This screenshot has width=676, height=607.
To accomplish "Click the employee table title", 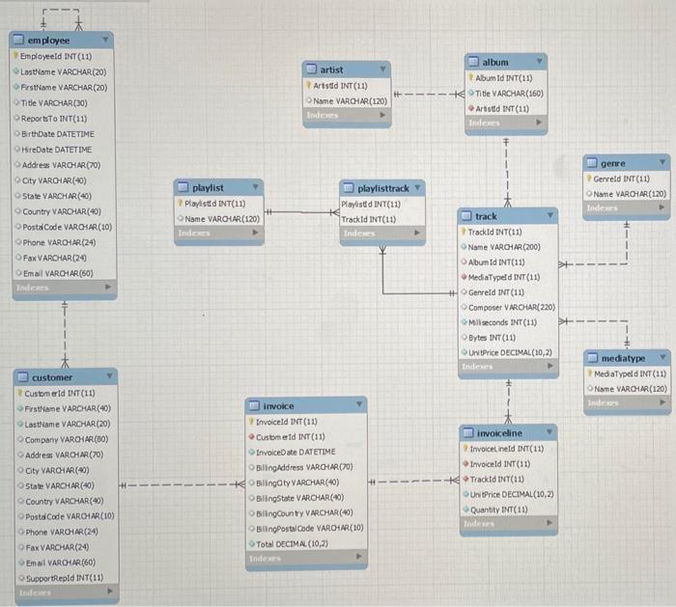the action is (48, 41).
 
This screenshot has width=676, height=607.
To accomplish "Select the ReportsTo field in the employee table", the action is (54, 119).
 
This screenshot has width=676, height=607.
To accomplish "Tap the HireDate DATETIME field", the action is (57, 150).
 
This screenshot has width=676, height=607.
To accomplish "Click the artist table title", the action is (331, 69).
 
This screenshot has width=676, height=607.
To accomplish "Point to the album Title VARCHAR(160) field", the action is (509, 94).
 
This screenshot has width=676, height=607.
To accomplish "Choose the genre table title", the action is (612, 164).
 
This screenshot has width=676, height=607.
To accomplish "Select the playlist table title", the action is (208, 187).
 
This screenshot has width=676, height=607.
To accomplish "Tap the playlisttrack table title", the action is (383, 187).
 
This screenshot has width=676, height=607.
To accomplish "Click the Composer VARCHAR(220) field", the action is (511, 307).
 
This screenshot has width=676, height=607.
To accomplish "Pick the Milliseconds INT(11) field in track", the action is (503, 322).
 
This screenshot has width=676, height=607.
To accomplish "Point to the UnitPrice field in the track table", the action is (509, 352).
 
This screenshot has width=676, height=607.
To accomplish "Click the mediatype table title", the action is (622, 358).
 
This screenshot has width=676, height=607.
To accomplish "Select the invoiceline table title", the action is (499, 433).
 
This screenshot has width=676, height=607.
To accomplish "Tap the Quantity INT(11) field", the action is (498, 509).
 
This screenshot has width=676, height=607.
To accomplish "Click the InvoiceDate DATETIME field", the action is (296, 452).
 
